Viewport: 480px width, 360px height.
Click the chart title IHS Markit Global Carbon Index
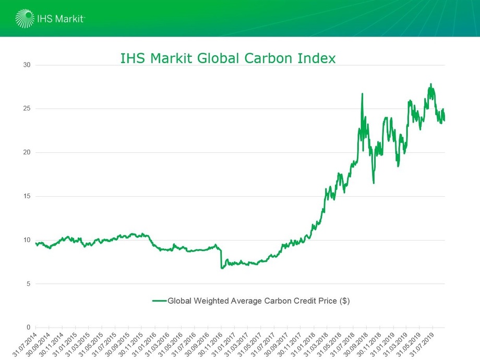coord(228,58)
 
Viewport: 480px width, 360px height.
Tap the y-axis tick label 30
coord(27,65)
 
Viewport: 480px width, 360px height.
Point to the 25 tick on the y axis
coord(27,109)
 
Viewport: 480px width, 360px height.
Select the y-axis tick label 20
coord(27,152)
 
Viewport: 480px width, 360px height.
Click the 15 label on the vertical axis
coord(27,196)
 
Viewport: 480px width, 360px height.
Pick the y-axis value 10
coord(27,240)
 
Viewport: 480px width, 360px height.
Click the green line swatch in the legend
coord(159,301)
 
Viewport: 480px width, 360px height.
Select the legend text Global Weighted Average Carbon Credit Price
coord(255,301)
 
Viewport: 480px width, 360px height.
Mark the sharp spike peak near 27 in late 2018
coord(362,94)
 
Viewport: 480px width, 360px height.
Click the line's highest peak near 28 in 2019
coord(430,84)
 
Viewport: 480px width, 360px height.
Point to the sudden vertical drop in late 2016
coord(221,258)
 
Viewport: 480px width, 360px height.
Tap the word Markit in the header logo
coord(69,19)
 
